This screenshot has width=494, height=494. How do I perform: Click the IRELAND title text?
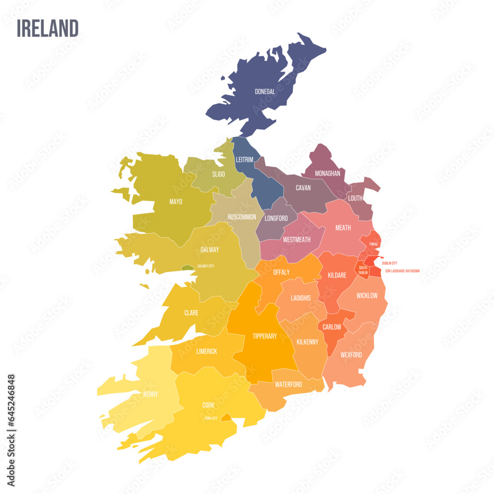47,28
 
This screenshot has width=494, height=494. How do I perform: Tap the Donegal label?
265,91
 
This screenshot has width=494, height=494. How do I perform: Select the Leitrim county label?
245,159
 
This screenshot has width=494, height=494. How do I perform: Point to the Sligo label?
218,174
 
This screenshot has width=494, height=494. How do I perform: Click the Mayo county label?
175,202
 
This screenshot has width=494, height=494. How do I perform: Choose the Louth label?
355,198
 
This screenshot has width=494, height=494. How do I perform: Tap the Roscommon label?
242,217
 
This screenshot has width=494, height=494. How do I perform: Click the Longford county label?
276,218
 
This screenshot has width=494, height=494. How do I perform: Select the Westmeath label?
296,240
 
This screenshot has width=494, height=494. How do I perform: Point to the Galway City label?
206,266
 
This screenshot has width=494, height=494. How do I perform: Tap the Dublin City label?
389,263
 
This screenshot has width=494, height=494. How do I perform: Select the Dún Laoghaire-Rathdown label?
402,271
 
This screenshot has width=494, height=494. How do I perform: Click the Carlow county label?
332,327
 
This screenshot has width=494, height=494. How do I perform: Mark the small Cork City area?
225,418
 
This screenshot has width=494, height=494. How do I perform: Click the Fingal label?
373,244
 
